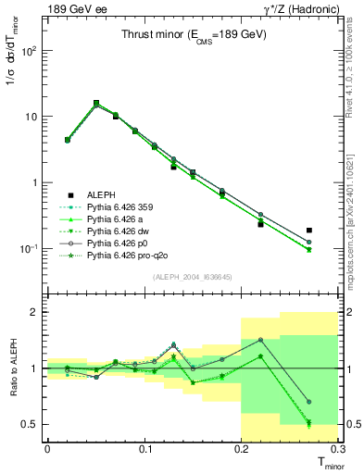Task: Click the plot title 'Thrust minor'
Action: point(194,35)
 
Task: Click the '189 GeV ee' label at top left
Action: point(74,8)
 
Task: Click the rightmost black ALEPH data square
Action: point(308,230)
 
